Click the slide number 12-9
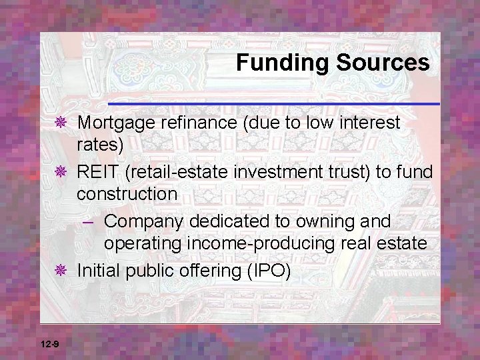click(x=49, y=344)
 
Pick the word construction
click(x=127, y=194)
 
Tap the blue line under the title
click(x=273, y=104)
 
